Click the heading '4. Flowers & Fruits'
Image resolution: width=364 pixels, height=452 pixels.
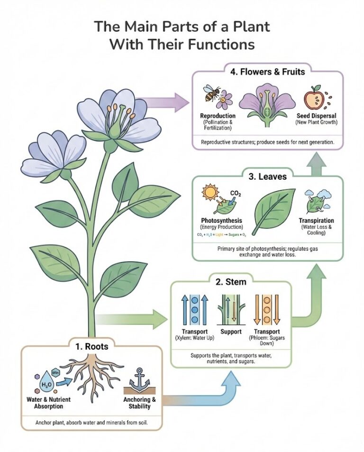267,72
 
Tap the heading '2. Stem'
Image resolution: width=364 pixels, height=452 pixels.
231,282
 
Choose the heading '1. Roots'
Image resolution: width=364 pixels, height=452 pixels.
91,346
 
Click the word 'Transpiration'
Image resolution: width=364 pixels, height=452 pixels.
316,221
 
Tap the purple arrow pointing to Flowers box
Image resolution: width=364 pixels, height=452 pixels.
163,101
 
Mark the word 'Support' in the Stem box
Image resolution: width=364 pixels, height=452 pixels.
231,331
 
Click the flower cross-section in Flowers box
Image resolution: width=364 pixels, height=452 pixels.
268,107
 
